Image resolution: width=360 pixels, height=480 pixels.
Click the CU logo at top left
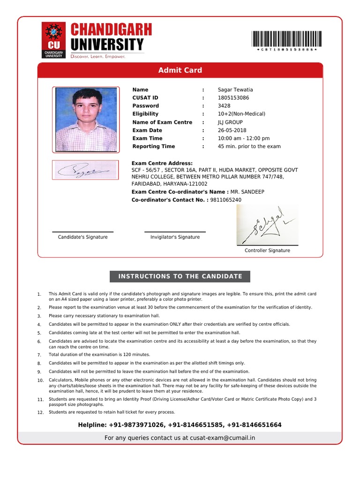pos(54,40)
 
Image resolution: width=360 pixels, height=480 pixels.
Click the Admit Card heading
pos(180,70)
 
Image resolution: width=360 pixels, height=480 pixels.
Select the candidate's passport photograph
pos(86,120)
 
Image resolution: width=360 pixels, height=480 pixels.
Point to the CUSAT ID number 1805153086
pos(233,98)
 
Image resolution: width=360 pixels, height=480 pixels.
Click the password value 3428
pos(224,106)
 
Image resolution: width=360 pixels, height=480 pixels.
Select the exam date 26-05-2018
pos(232,130)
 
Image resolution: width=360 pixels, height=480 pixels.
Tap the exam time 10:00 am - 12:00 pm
pos(244,138)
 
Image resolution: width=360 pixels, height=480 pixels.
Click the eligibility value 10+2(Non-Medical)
pos(241,114)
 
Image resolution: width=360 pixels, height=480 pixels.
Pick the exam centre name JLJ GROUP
pos(230,122)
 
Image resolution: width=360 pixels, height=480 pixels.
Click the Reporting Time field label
pos(153,146)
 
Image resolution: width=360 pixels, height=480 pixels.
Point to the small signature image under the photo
pos(85,170)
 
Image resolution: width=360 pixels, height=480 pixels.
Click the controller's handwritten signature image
pos(267,225)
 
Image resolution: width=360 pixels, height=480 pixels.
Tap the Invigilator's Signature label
pos(175,237)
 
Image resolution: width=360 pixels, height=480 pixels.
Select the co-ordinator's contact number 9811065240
pos(225,200)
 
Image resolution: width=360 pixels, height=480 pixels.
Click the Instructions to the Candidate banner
pos(180,277)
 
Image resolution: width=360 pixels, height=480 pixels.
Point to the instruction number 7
pos(39,355)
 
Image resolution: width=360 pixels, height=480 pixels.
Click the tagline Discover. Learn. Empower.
pos(98,56)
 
